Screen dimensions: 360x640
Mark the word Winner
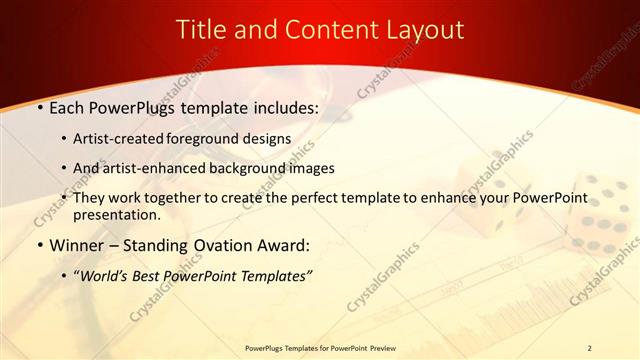(78, 244)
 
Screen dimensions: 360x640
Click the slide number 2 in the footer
(589, 347)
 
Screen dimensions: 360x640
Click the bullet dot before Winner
(39, 245)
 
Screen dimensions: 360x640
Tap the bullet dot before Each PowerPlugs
(39, 107)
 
